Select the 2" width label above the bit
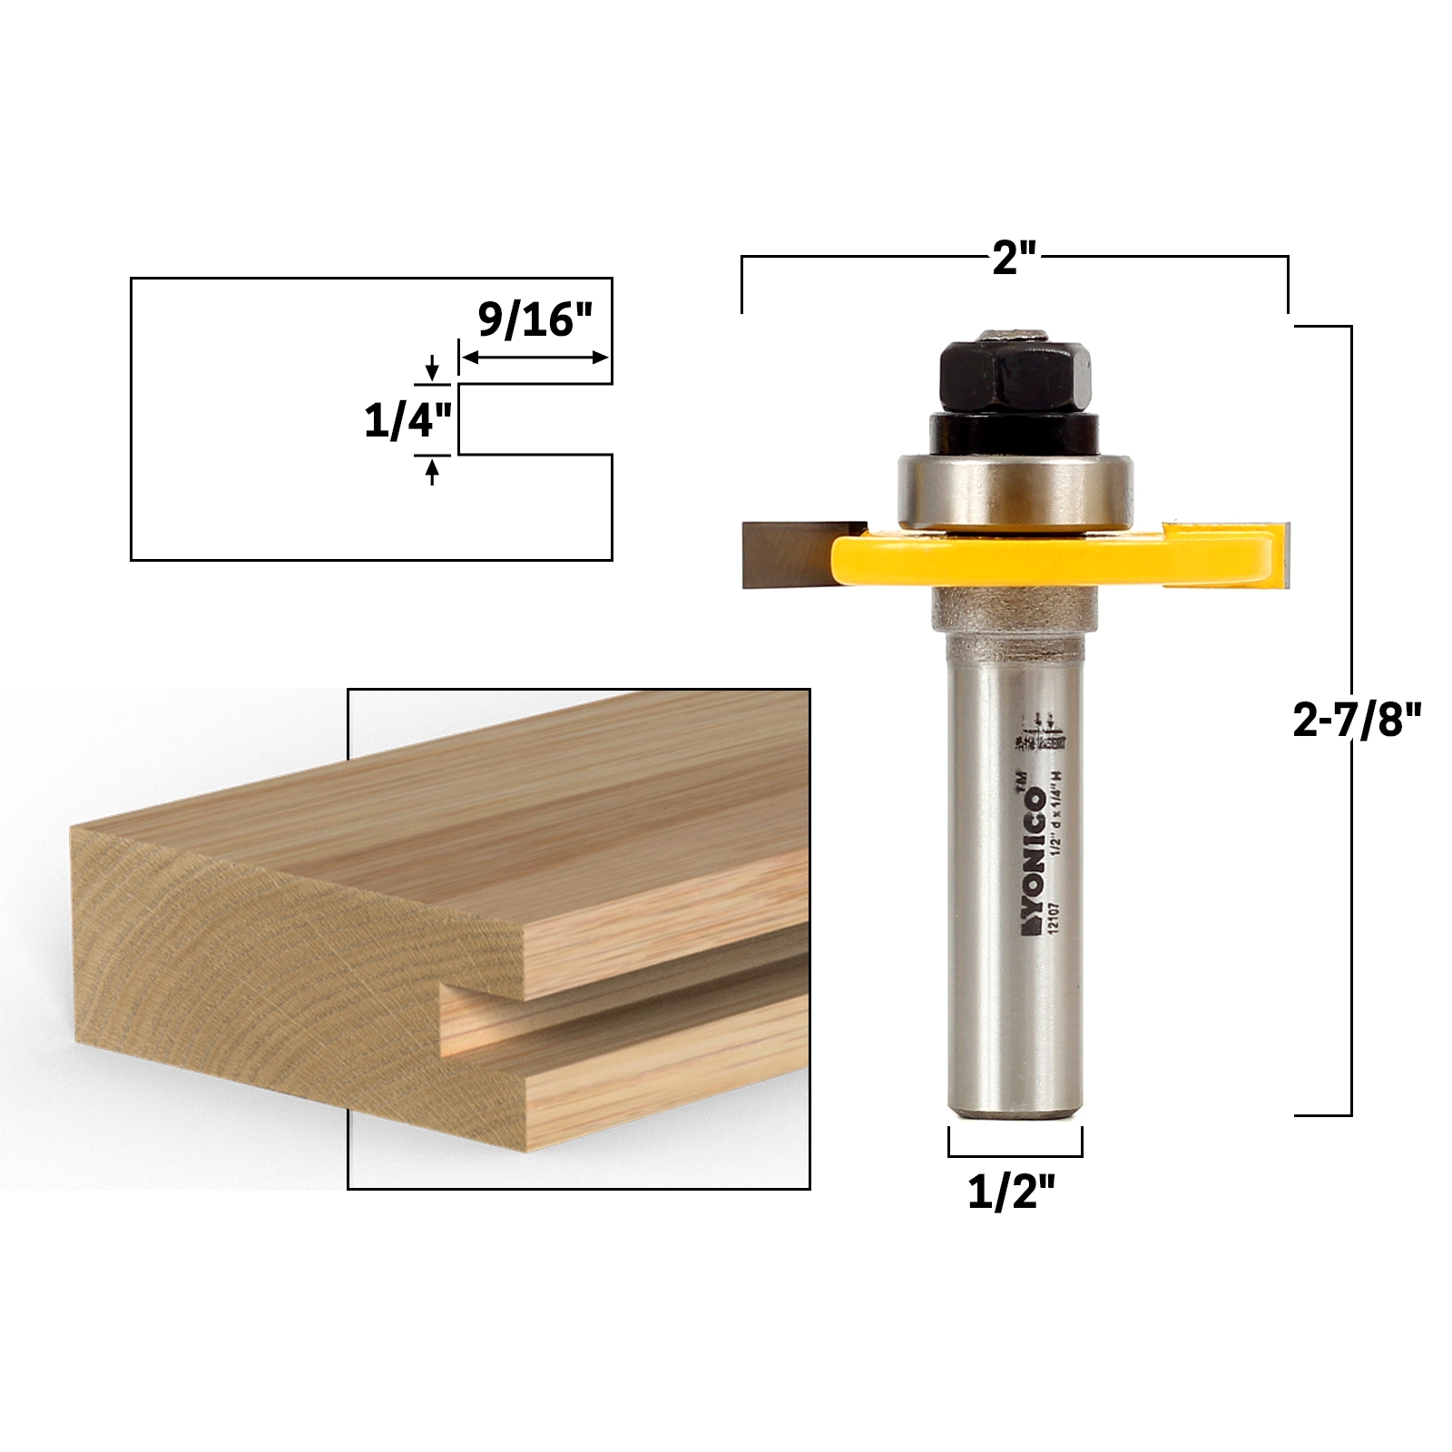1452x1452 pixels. tap(1014, 260)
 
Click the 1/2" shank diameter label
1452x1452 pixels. tap(1014, 1192)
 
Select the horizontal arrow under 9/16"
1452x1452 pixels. tap(535, 358)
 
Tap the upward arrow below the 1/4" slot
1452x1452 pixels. tap(432, 471)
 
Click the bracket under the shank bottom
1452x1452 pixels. tap(1015, 1155)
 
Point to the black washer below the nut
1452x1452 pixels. tap(1014, 431)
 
